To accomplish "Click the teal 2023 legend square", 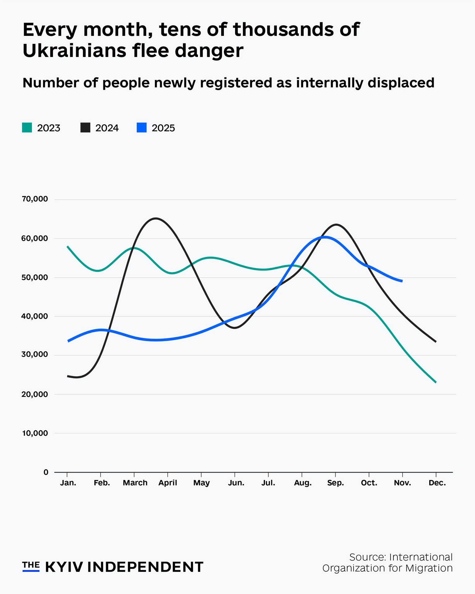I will (x=27, y=128).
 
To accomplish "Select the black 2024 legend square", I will (x=85, y=128).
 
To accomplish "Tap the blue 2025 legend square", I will (x=142, y=128).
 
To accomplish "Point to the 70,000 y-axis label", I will (x=35, y=199).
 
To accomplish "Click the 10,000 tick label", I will (x=35, y=433).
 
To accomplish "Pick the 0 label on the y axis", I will (x=46, y=472).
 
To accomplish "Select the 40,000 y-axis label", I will (x=35, y=316).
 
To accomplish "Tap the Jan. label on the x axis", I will (x=68, y=483).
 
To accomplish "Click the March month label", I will (x=135, y=483).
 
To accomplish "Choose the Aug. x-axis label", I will (x=303, y=483).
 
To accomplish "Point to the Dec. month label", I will (x=437, y=483).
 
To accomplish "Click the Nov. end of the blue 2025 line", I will (x=402, y=281).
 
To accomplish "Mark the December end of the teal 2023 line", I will (x=436, y=382).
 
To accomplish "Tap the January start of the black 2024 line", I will (x=68, y=376).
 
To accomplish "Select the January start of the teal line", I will (x=67, y=247).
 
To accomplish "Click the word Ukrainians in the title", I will (x=74, y=51).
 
